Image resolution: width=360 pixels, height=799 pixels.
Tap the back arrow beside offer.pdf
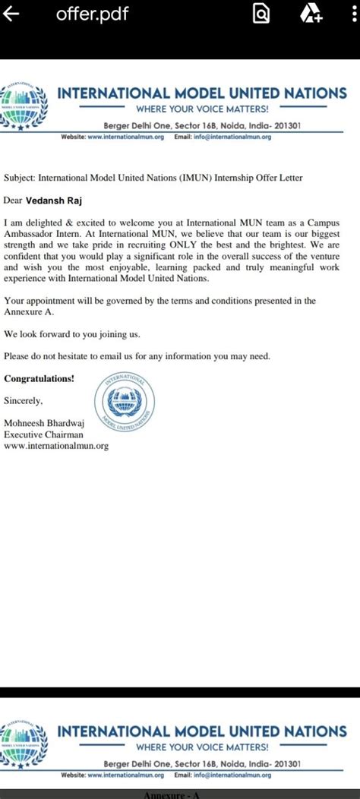tap(11, 14)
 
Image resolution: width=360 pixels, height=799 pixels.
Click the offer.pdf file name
tap(87, 14)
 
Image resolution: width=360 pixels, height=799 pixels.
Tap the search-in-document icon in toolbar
tap(261, 14)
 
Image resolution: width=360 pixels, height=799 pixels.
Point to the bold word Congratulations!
tap(39, 378)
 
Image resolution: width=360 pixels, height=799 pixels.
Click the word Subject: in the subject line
tap(22, 178)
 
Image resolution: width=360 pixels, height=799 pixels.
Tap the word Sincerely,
tap(24, 399)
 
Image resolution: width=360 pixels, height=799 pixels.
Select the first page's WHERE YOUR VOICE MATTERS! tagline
tap(202, 109)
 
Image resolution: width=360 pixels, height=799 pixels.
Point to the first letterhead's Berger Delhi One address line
tap(202, 125)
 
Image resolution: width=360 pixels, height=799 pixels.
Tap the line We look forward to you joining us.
tap(72, 334)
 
